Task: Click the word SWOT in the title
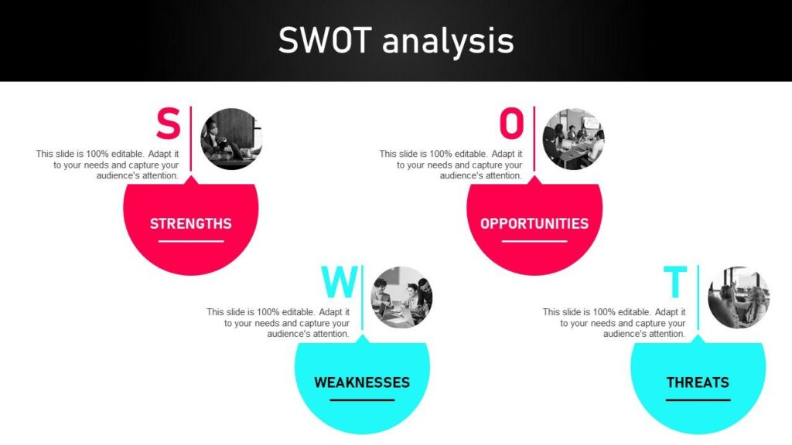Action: pyautogui.click(x=326, y=40)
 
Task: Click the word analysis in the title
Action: pyautogui.click(x=448, y=42)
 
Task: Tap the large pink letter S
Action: pyautogui.click(x=168, y=123)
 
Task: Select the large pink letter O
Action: pyautogui.click(x=512, y=123)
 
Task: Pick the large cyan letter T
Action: pyautogui.click(x=675, y=282)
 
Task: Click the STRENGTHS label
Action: pyautogui.click(x=191, y=223)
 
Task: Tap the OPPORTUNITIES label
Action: pyautogui.click(x=534, y=223)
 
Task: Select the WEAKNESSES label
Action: pyautogui.click(x=362, y=382)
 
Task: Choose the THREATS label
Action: pyautogui.click(x=698, y=382)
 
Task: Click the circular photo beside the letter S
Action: pyautogui.click(x=231, y=139)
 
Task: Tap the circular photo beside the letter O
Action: pyautogui.click(x=573, y=139)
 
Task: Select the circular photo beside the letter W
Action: pyautogui.click(x=401, y=297)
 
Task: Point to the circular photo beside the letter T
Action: pyautogui.click(x=739, y=297)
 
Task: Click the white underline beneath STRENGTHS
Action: pyautogui.click(x=191, y=241)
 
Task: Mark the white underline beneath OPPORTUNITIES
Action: pyautogui.click(x=534, y=241)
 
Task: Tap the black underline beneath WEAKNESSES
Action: pyautogui.click(x=362, y=400)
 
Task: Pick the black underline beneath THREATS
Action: pyautogui.click(x=698, y=400)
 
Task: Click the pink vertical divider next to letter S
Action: pyautogui.click(x=191, y=139)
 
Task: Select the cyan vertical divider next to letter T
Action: pyautogui.click(x=698, y=297)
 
